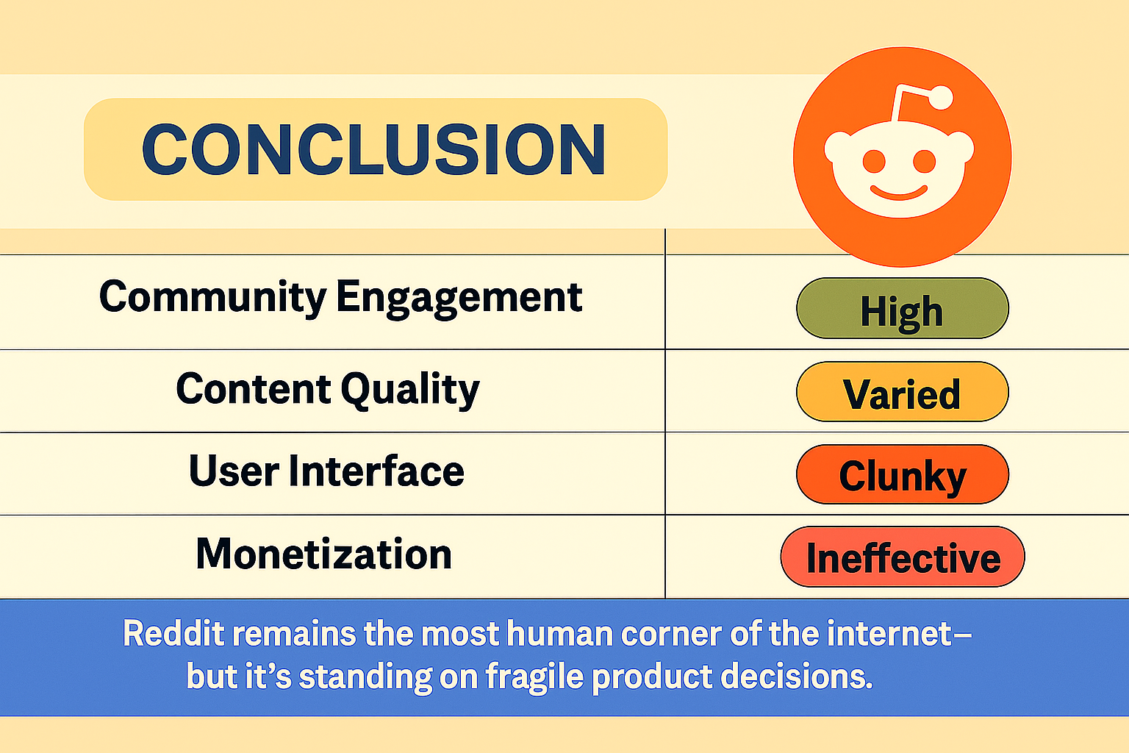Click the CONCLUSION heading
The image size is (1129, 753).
(x=373, y=149)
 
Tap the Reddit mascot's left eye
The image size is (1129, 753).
(x=874, y=161)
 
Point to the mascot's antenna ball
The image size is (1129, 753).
(x=941, y=97)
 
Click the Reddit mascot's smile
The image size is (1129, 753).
(x=899, y=193)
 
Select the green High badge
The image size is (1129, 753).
(x=902, y=308)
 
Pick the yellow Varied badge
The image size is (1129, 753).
(x=902, y=391)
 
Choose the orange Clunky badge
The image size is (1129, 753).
(x=902, y=474)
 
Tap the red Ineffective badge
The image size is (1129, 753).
(x=903, y=557)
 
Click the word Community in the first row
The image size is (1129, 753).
(x=212, y=298)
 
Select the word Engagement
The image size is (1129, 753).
(x=459, y=299)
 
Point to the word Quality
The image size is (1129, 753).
(x=410, y=390)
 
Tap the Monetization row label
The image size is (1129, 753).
(x=323, y=553)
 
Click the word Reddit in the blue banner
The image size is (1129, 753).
(x=173, y=633)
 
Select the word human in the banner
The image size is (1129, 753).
(x=559, y=633)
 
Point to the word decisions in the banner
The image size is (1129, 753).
(x=796, y=676)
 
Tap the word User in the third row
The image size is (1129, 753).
(x=234, y=471)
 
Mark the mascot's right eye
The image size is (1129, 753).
(x=925, y=161)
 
